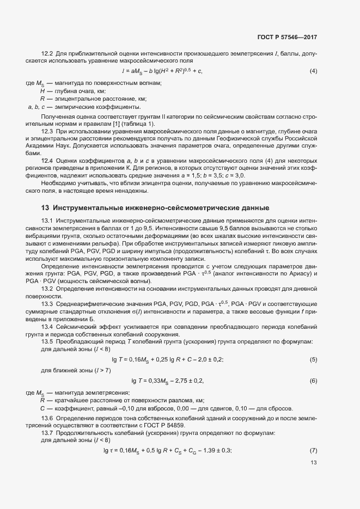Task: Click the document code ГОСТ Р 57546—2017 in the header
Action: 286,38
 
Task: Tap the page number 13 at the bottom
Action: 313,463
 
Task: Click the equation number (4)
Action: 313,71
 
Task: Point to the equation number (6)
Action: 313,381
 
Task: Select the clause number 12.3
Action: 47,131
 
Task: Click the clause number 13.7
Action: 47,432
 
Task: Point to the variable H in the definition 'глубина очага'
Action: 42,91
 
